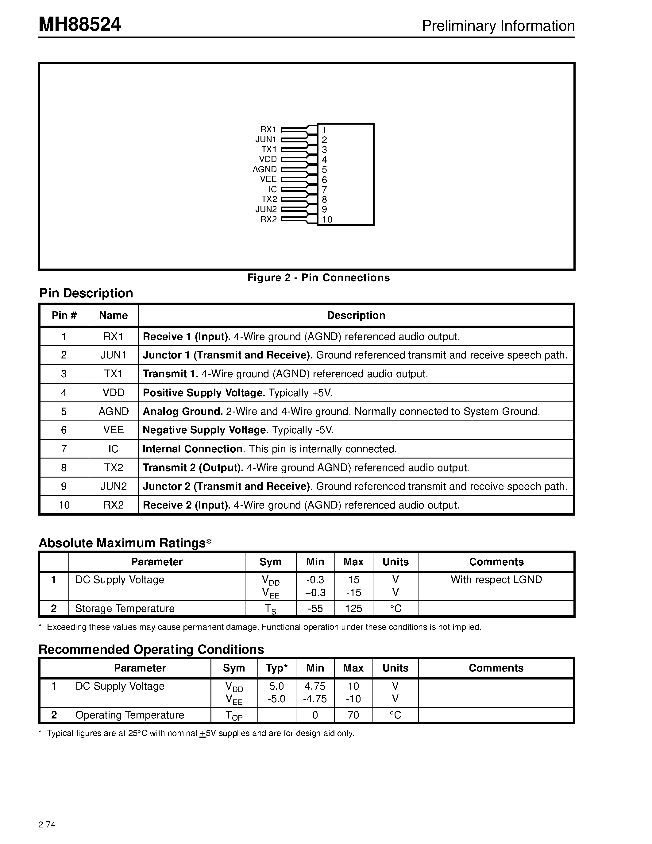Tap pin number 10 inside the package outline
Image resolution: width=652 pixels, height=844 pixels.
(327, 219)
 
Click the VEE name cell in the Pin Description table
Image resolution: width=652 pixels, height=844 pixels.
(113, 430)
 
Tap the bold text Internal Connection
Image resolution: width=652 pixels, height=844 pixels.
(192, 449)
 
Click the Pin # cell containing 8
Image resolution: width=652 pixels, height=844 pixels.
(64, 468)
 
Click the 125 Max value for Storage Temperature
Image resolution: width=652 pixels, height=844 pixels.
(353, 609)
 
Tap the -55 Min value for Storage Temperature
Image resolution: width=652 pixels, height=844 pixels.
(315, 609)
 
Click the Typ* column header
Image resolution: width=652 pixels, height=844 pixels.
(276, 668)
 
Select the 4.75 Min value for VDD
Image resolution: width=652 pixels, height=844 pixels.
(315, 686)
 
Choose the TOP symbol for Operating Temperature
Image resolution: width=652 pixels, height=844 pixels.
(234, 716)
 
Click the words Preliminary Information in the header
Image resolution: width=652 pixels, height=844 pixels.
(498, 26)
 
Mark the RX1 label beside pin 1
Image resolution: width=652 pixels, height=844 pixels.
(268, 130)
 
